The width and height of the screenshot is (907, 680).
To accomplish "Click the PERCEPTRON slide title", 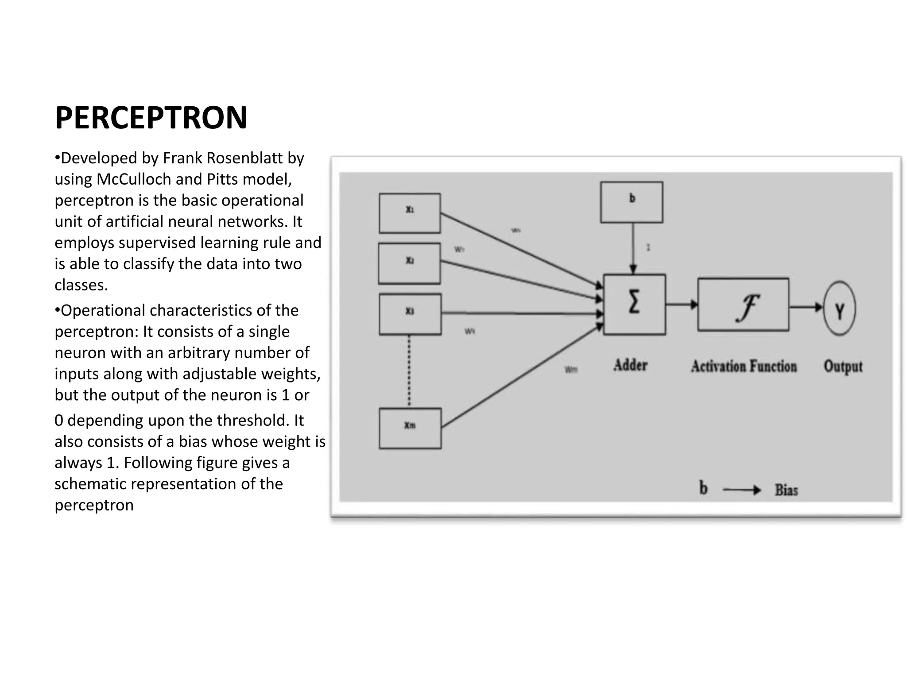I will point(151,118).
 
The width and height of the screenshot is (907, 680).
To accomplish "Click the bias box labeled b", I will point(632,202).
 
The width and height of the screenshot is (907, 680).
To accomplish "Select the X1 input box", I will point(410,213).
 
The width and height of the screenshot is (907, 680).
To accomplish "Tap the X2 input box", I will point(409,263).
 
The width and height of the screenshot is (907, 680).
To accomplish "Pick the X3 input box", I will point(410,313).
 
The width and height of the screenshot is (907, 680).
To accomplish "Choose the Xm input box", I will point(410,428).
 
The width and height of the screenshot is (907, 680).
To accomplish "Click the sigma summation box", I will point(634,304).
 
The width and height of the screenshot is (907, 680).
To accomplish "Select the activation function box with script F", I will point(743,305).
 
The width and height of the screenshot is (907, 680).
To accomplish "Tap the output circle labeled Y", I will point(839,309).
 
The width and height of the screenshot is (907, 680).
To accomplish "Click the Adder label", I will point(630,365).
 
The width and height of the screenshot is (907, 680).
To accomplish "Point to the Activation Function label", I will point(744,367).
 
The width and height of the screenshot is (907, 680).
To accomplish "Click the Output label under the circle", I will point(843,367).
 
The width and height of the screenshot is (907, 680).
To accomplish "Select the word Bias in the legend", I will point(786,490).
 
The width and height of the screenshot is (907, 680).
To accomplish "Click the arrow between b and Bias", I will point(741,490).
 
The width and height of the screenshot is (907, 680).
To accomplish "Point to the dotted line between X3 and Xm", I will point(409,371).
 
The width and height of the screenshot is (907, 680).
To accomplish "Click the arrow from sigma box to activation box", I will point(681,304).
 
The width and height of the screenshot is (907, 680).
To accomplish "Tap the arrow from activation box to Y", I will point(806,307).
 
